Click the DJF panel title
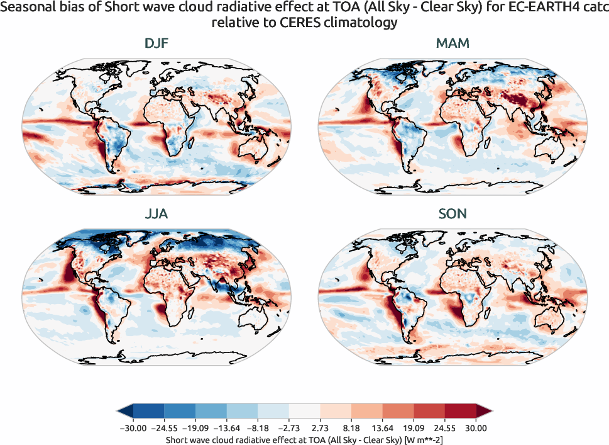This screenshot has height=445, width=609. (x=156, y=43)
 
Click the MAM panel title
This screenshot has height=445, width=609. (x=453, y=43)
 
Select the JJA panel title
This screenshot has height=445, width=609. (x=156, y=214)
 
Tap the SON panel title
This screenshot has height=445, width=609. (x=453, y=214)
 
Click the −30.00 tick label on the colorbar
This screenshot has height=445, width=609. (x=131, y=428)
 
